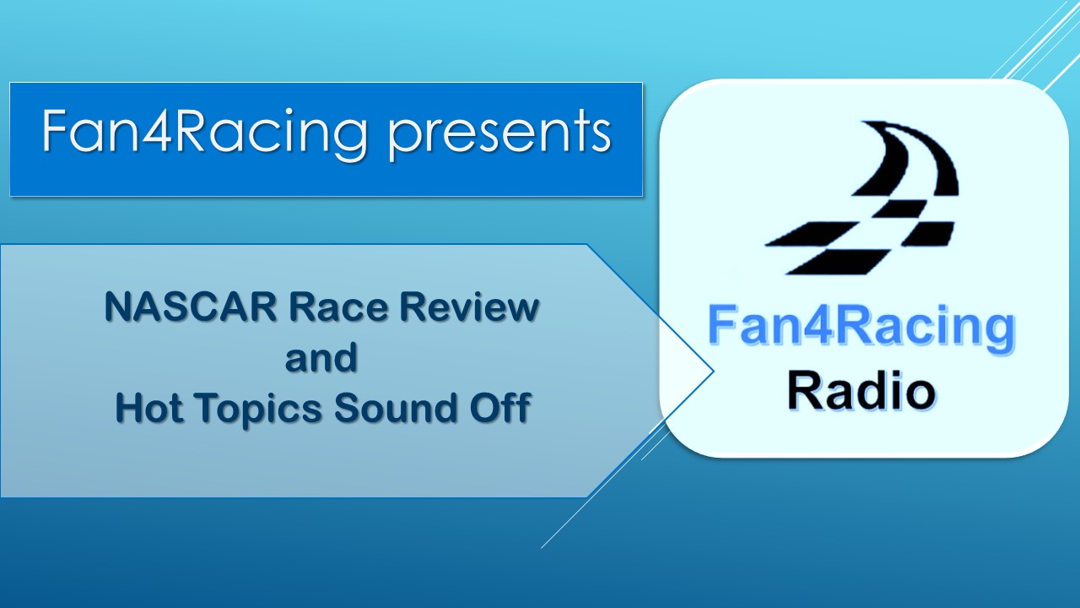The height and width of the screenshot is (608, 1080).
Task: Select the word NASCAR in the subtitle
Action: click(x=190, y=307)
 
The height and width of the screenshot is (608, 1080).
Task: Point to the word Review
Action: click(x=470, y=307)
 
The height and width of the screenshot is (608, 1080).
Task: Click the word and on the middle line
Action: click(x=321, y=358)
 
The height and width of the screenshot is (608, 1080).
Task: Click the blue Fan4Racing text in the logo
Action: click(x=860, y=328)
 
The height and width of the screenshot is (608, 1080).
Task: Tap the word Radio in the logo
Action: click(x=860, y=391)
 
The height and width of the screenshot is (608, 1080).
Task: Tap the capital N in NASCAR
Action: click(x=118, y=307)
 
